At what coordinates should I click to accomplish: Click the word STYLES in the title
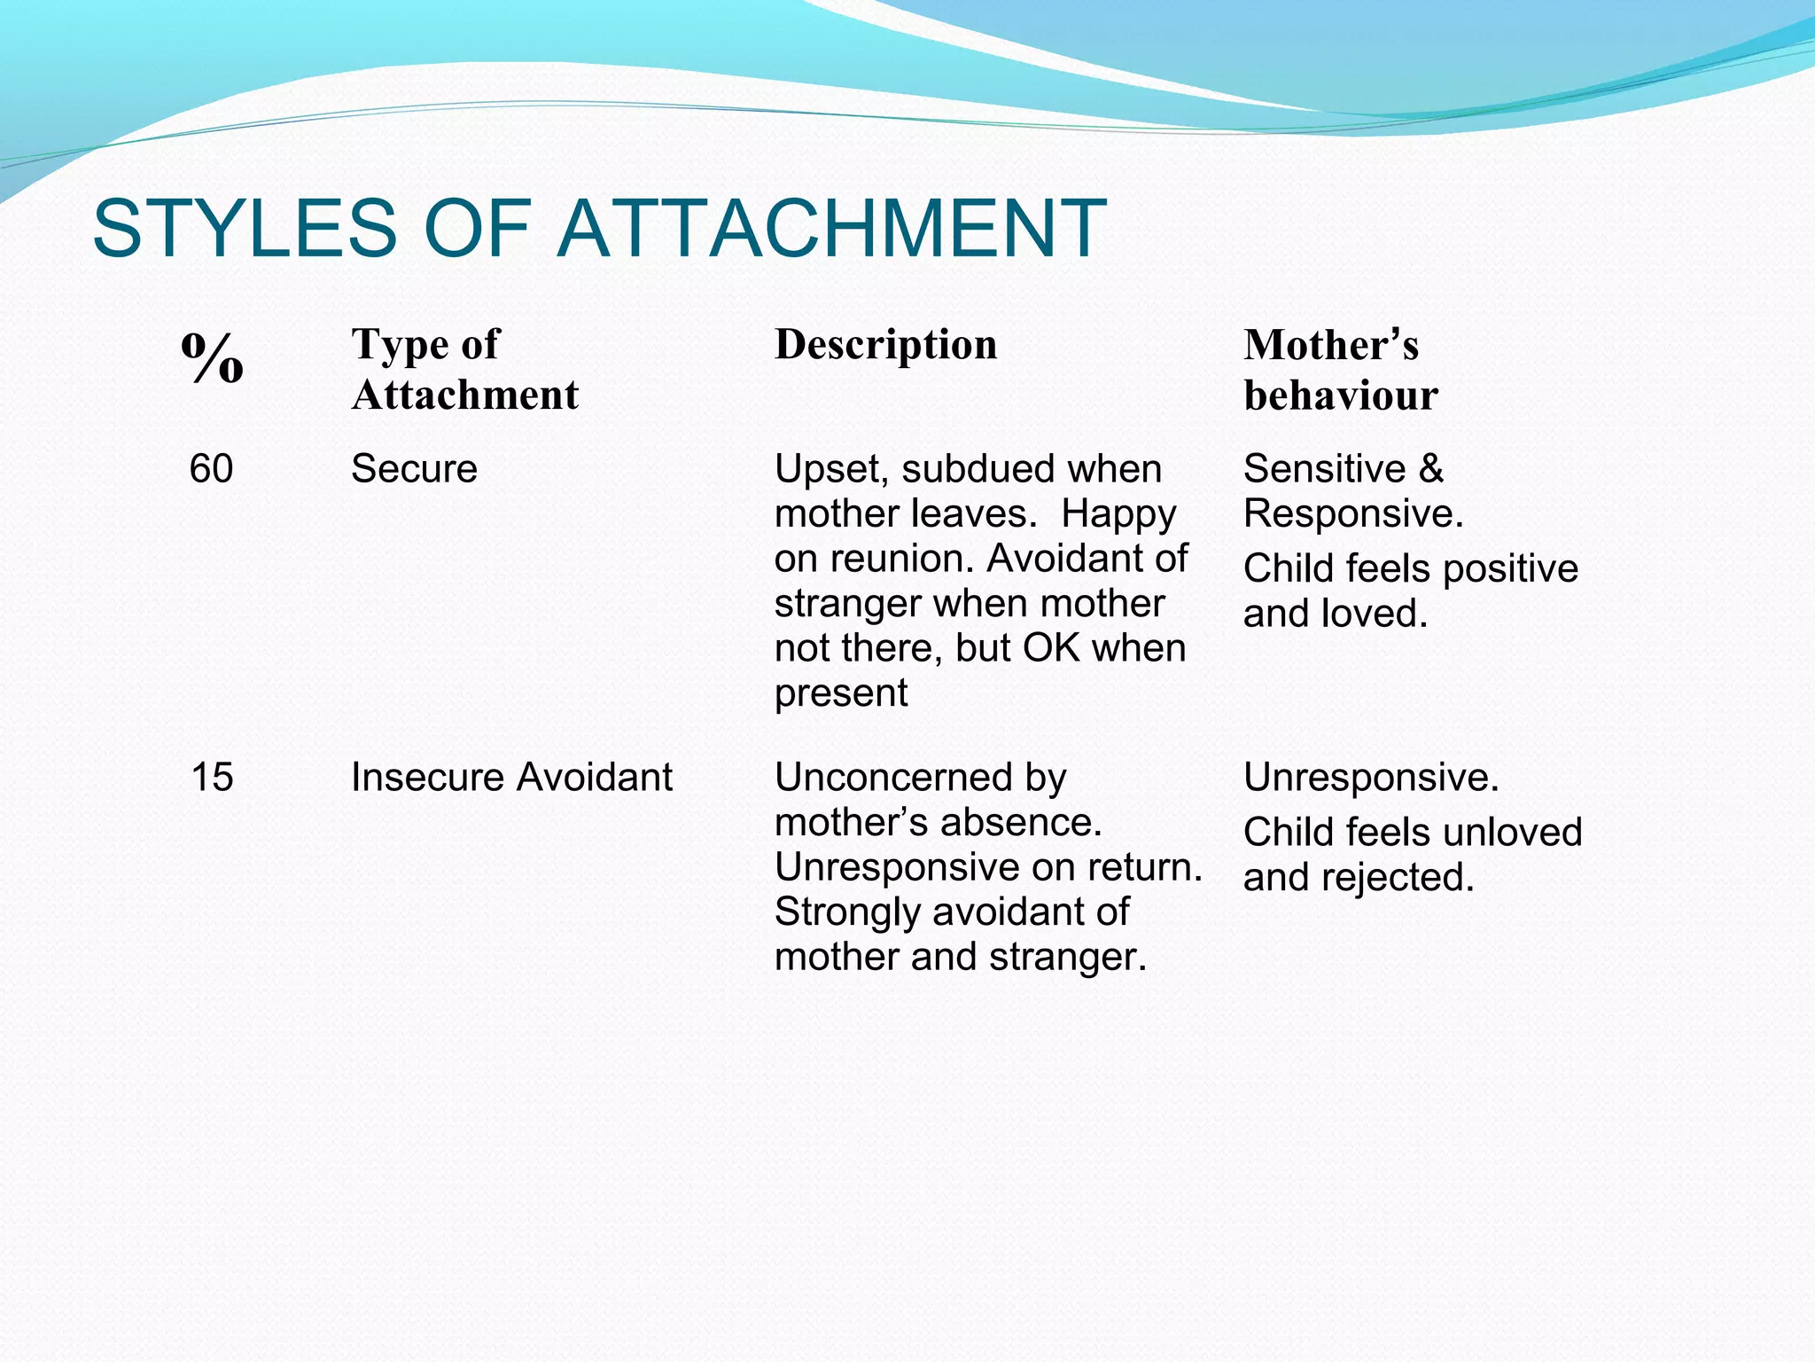click(244, 229)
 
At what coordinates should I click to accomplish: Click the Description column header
click(885, 345)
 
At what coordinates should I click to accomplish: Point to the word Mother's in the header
click(1330, 345)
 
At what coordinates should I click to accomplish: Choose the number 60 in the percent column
click(211, 468)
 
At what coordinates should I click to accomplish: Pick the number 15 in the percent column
click(212, 778)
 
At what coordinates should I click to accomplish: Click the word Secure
click(414, 468)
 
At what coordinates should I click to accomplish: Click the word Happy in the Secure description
click(1118, 514)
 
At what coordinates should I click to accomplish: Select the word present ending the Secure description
click(840, 693)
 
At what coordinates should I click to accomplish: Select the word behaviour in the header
click(1340, 395)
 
